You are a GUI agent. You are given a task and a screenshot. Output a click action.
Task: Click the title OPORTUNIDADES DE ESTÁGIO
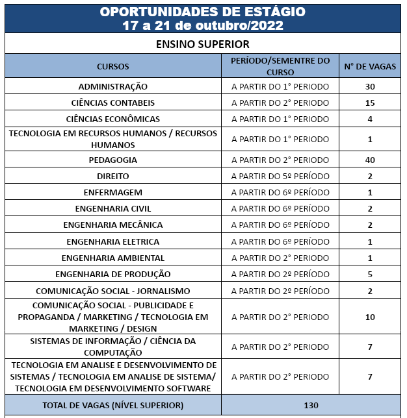tap(203, 12)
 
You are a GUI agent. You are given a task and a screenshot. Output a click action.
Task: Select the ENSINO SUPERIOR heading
tap(203, 44)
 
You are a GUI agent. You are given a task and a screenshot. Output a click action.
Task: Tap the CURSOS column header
tap(113, 66)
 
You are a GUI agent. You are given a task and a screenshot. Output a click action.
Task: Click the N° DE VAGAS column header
tap(370, 66)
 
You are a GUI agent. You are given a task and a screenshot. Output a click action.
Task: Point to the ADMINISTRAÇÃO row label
tap(113, 86)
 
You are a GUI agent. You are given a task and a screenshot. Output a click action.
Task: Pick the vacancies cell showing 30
tap(370, 86)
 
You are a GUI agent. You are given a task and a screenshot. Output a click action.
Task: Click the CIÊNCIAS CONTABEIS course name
tap(113, 103)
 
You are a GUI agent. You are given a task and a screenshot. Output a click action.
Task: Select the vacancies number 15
tap(370, 103)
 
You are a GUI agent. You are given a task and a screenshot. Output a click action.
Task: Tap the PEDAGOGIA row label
tap(113, 160)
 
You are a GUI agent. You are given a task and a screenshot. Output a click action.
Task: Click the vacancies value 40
tap(370, 160)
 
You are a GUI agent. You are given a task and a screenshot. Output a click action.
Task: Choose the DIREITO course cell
tap(113, 176)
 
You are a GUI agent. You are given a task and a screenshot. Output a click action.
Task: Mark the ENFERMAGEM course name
tap(113, 192)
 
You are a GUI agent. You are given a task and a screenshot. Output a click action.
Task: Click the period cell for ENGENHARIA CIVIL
tap(280, 208)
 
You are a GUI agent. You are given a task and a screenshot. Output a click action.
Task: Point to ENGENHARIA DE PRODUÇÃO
tap(113, 274)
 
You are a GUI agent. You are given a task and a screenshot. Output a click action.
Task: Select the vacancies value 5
tap(370, 274)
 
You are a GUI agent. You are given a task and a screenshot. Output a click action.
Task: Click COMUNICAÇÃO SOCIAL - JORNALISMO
tap(113, 291)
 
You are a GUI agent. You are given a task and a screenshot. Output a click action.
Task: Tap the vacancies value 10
tap(370, 317)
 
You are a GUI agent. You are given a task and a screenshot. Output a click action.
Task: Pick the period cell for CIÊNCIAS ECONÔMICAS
tap(280, 119)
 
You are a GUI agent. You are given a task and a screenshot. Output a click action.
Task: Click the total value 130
tap(311, 405)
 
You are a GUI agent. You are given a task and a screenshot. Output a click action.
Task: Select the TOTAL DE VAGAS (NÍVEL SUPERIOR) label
tap(113, 405)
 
